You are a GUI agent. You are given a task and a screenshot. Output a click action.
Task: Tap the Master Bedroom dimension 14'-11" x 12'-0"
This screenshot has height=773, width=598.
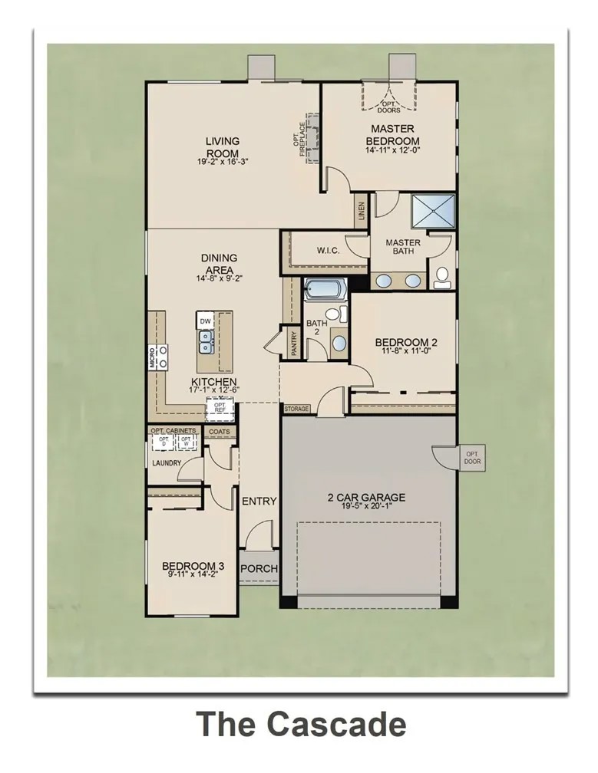[x=392, y=151]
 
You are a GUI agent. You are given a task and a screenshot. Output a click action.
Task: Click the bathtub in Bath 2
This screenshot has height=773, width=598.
[x=325, y=291]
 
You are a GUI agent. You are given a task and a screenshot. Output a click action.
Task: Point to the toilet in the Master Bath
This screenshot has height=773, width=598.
[x=442, y=278]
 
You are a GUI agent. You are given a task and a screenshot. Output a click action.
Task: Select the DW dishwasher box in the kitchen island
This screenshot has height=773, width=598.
[x=205, y=321]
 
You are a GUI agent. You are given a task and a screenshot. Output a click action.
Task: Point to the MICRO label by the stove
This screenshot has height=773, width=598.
[x=152, y=358]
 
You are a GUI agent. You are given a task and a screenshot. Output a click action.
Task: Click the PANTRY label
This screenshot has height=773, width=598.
[x=293, y=342]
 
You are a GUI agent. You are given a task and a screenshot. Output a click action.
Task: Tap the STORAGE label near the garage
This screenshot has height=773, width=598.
[x=296, y=409]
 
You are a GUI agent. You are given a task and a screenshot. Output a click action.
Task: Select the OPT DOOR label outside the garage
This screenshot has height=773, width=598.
[x=471, y=458]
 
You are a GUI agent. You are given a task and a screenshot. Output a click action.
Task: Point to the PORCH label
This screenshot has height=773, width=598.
[x=259, y=569]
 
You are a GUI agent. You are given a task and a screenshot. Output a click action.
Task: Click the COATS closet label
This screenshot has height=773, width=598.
[x=219, y=432]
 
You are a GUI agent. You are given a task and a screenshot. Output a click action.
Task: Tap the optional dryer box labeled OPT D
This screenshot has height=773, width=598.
[x=164, y=442]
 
